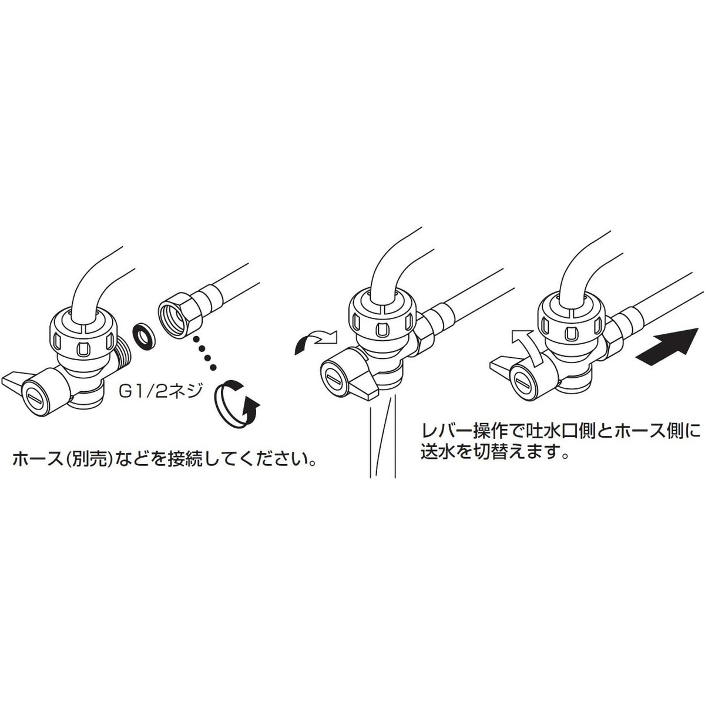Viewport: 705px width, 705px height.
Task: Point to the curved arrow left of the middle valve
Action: [314, 341]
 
